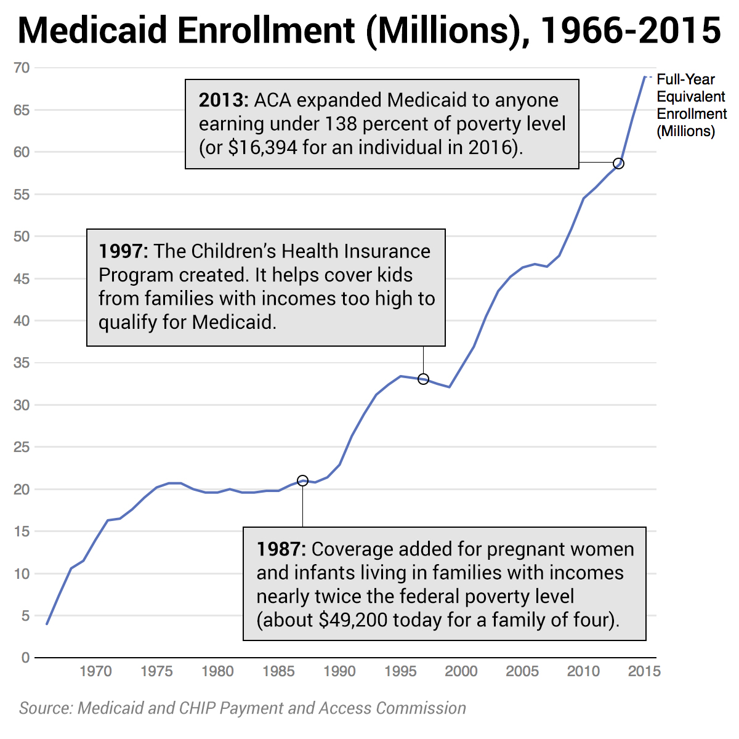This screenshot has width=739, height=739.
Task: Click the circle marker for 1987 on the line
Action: [302, 480]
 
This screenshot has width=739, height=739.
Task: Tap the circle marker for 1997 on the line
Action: [423, 379]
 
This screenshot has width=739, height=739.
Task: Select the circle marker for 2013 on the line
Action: [619, 163]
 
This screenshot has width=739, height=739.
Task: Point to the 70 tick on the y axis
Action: [22, 68]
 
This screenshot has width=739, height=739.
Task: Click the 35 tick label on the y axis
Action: [22, 363]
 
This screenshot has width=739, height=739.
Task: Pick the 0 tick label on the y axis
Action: [25, 658]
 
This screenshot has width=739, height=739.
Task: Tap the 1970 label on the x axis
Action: [95, 671]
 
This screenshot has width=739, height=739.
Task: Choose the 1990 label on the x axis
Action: [339, 671]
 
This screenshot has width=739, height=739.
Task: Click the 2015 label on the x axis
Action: [644, 671]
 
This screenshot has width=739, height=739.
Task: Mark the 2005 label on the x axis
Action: [522, 671]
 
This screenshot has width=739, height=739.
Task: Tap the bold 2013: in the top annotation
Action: [223, 100]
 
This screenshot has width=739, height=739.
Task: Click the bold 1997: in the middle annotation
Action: [123, 251]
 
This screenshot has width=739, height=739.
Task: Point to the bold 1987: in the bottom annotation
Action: [281, 549]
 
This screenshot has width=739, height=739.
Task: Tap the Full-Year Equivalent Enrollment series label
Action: [691, 105]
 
